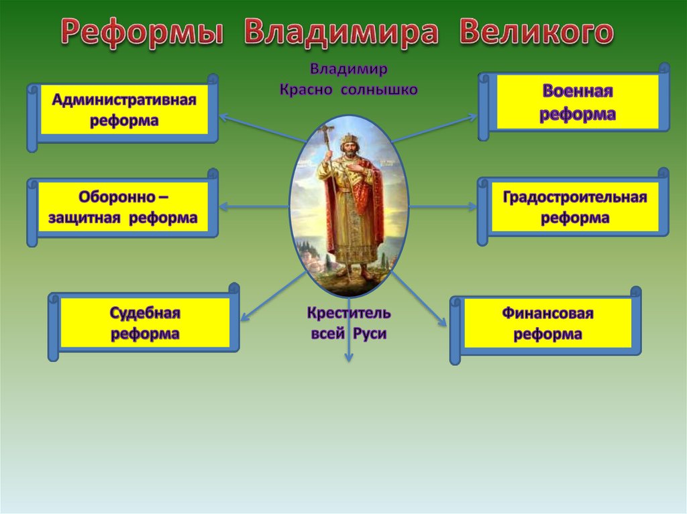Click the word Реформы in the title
(x=142, y=32)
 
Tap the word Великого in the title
(x=537, y=31)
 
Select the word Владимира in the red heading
(x=341, y=32)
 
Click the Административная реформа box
(x=123, y=112)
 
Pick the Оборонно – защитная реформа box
(x=123, y=207)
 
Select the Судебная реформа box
(x=144, y=322)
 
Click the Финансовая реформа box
(x=546, y=325)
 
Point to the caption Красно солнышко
(x=349, y=90)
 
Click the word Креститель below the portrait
(x=349, y=312)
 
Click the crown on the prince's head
(x=349, y=138)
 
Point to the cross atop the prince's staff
(x=327, y=132)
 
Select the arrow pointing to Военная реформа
(x=434, y=129)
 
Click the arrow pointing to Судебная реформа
(x=273, y=296)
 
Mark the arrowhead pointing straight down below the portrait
(x=349, y=357)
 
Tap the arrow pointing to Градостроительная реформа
(x=443, y=206)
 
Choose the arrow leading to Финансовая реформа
(x=419, y=299)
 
